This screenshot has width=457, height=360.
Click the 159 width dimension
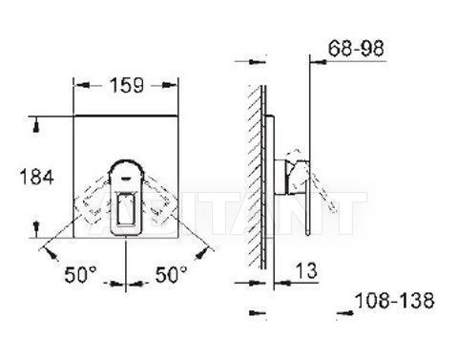[x=126, y=86]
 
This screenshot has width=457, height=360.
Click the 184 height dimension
[x=36, y=177]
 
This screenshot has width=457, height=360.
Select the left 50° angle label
[x=80, y=275]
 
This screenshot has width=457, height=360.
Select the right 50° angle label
[x=171, y=274]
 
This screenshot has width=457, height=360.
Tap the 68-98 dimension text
[x=356, y=49]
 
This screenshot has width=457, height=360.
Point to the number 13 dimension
[x=306, y=270]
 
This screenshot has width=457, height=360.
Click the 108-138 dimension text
[x=394, y=300]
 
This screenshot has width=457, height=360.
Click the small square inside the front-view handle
[x=127, y=209]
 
